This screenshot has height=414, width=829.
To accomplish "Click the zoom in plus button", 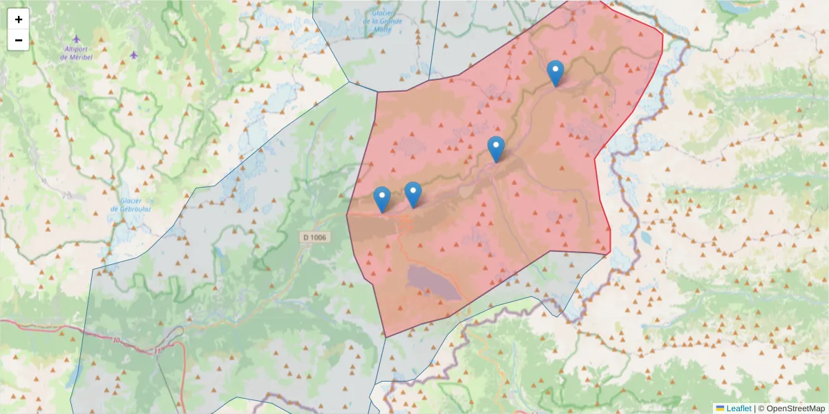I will pyautogui.click(x=19, y=19).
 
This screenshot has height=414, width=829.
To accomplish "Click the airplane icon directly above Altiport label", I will pyautogui.click(x=76, y=39).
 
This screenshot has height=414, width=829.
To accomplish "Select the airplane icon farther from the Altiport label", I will pyautogui.click(x=133, y=54).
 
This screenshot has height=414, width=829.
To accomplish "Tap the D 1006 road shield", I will pyautogui.click(x=314, y=237).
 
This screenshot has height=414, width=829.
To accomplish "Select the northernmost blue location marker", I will pyautogui.click(x=555, y=72).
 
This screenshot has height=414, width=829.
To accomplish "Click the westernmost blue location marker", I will pyautogui.click(x=381, y=199).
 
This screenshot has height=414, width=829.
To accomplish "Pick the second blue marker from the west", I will pyautogui.click(x=412, y=194).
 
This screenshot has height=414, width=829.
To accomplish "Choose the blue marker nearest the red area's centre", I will pyautogui.click(x=495, y=148).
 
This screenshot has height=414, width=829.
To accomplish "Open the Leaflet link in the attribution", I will pyautogui.click(x=738, y=408).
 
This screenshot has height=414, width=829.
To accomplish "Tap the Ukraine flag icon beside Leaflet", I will pyautogui.click(x=720, y=408).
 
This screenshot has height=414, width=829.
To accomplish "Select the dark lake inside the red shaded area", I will pyautogui.click(x=433, y=283).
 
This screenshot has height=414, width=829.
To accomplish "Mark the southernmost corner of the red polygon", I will pyautogui.click(x=385, y=337).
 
